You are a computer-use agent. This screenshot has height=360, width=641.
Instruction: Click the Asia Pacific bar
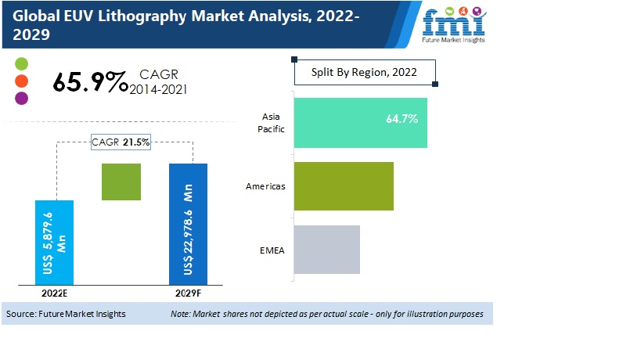coord(360,123)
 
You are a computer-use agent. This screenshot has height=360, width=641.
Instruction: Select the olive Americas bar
coord(343,186)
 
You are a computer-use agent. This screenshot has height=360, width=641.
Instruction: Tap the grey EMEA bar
coord(326,250)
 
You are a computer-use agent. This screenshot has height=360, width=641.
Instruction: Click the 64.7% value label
coord(402,120)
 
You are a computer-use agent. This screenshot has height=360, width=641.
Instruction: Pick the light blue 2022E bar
coord(55,243)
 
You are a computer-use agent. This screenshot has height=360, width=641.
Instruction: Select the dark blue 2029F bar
coord(189,225)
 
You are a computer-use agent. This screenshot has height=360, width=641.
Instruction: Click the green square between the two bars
coord(121,182)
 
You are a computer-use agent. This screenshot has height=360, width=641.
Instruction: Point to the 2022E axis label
coord(55,293)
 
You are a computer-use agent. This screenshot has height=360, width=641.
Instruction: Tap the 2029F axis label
coord(189,293)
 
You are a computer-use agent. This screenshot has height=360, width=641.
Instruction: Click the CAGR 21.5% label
coord(121,142)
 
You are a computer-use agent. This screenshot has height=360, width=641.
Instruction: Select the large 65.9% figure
coord(90,82)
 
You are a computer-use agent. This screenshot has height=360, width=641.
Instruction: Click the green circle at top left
coord(21,63)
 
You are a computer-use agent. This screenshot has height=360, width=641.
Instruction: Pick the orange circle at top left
coord(21,81)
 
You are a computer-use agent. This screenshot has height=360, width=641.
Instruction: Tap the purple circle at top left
coord(21,98)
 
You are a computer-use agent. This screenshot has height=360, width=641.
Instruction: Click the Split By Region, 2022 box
coord(365,73)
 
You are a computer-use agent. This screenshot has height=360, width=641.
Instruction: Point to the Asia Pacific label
coord(270,123)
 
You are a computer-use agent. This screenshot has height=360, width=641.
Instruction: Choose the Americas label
coord(265,186)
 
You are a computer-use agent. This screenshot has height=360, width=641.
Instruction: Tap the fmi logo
coord(454,23)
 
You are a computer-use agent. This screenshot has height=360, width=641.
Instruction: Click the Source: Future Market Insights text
coord(66,314)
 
